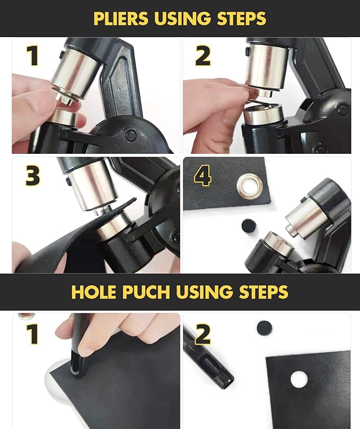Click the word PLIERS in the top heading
pyautogui.click(x=120, y=19)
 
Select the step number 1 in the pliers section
pyautogui.click(x=33, y=55)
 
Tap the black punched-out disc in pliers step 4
pyautogui.click(x=249, y=226)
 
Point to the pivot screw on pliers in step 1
pyautogui.click(x=130, y=135)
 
